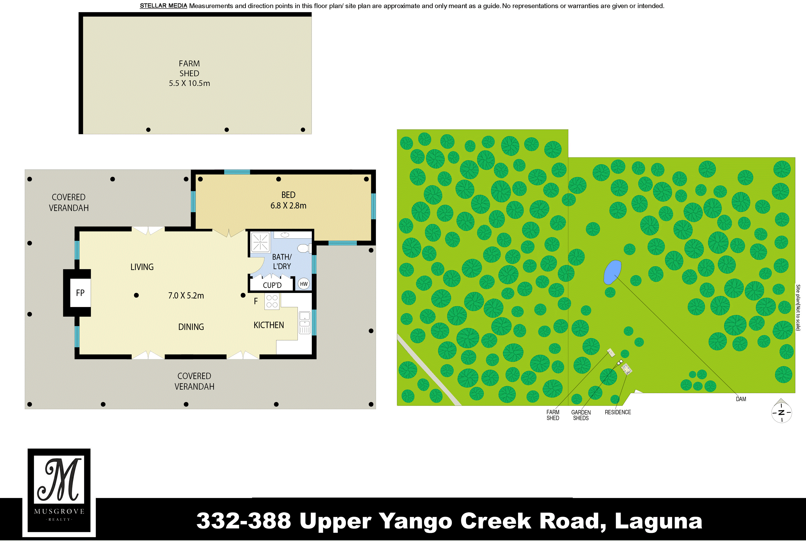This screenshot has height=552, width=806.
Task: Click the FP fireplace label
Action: click(x=80, y=293)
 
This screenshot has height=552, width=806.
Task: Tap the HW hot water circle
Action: click(x=304, y=284)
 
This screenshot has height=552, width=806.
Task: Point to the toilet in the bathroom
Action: click(x=304, y=248)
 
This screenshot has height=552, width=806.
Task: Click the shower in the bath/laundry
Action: click(x=260, y=242)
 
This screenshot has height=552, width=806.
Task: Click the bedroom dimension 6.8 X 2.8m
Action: click(x=288, y=206)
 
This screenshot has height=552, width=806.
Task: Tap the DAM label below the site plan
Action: click(x=741, y=399)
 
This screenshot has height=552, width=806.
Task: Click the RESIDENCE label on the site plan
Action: click(x=618, y=412)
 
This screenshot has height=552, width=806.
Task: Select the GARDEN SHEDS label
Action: click(x=581, y=415)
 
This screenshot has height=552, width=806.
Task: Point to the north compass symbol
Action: click(x=781, y=412)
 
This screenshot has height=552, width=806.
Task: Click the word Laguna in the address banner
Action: click(x=658, y=521)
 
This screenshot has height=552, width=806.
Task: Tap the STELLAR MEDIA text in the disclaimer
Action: click(x=163, y=6)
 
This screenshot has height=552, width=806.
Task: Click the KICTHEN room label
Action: click(x=269, y=325)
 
